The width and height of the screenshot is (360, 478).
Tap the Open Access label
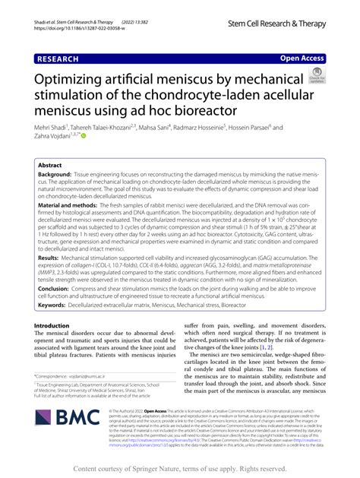point(302,58)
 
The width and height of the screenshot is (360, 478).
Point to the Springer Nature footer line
point(179,468)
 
